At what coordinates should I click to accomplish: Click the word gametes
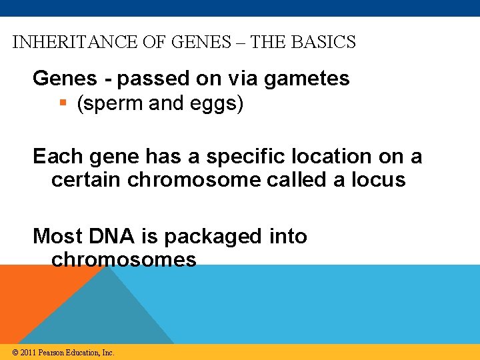click(306, 79)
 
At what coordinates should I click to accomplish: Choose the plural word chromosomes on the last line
click(124, 259)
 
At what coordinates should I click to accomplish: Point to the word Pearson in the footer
click(52, 353)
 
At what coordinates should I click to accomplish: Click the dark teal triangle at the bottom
click(110, 313)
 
